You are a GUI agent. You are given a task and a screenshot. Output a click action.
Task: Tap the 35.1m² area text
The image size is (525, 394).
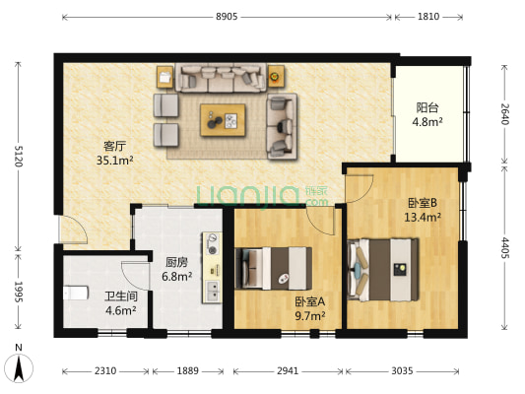pos(114,160)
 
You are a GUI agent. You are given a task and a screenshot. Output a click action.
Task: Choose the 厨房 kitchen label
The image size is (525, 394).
pos(176,263)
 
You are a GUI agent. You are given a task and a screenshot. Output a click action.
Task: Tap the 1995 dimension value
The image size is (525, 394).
pos(17,293)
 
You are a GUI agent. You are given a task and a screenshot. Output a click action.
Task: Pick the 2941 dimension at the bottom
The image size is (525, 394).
pos(288,371)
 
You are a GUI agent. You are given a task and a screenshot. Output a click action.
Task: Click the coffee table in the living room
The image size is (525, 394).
pos(224,119)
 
